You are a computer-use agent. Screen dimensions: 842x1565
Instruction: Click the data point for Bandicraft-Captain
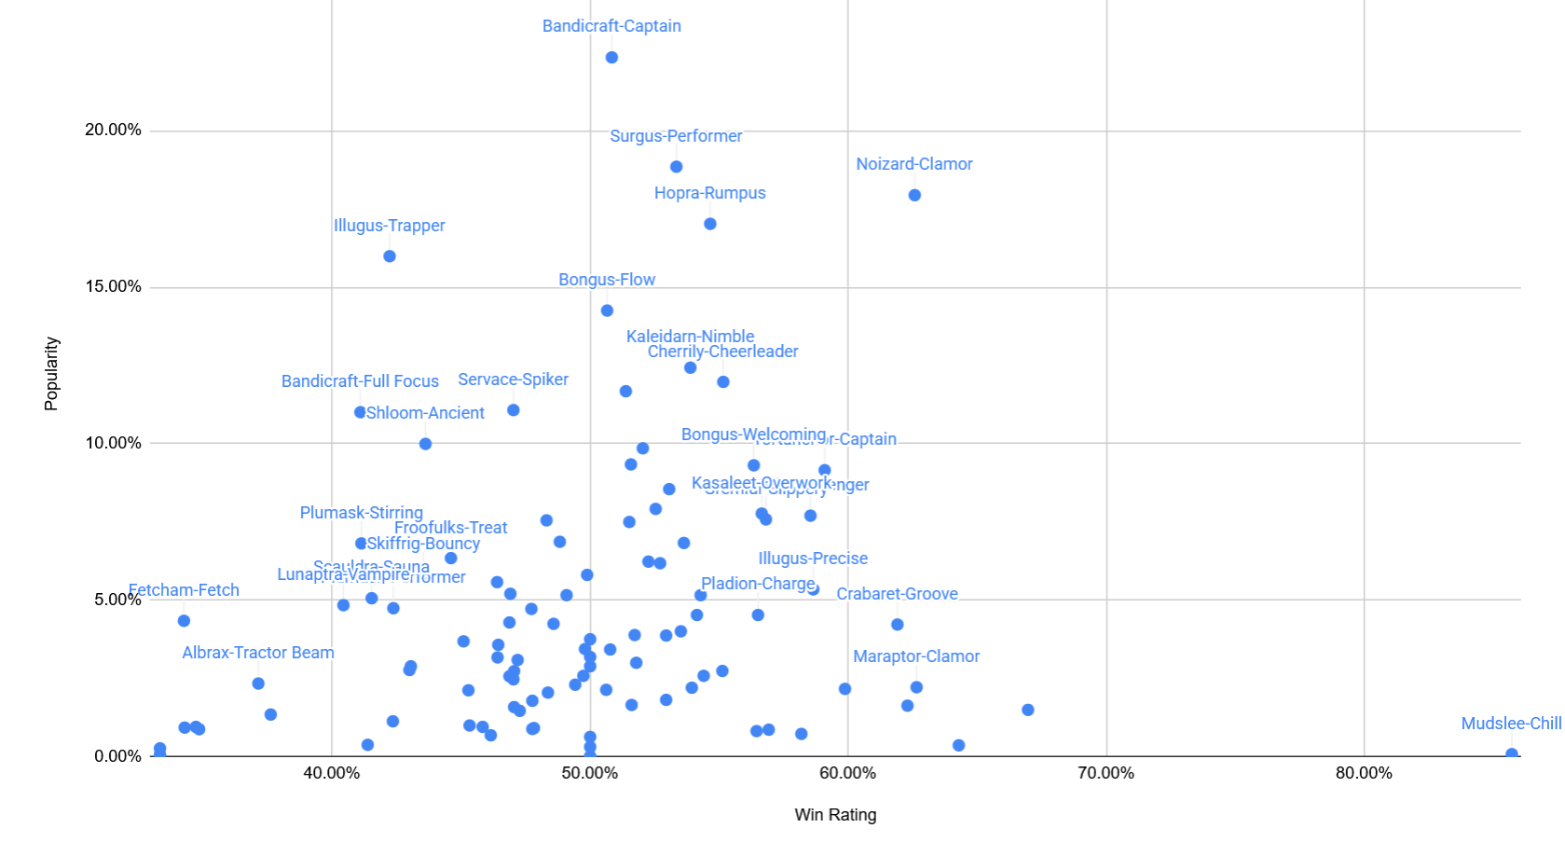[x=611, y=58]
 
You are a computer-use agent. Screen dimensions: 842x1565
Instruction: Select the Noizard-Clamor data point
[x=914, y=195]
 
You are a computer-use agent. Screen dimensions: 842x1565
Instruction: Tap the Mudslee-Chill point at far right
[x=1511, y=754]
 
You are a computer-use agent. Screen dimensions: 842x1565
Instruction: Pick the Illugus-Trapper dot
[x=390, y=256]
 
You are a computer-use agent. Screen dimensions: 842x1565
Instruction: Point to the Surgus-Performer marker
[x=677, y=167]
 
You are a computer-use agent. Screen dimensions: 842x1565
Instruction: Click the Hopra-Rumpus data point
[x=710, y=224]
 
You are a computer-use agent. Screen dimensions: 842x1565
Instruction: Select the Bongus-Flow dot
[x=607, y=311]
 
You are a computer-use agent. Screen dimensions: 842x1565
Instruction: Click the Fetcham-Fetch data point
[x=184, y=621]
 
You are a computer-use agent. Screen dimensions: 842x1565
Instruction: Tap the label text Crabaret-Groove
[x=897, y=594]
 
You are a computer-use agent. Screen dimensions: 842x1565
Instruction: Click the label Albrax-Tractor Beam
[x=258, y=653]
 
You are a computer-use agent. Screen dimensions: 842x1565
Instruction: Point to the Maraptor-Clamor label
[x=916, y=656]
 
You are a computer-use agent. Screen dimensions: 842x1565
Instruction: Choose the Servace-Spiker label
[x=513, y=380]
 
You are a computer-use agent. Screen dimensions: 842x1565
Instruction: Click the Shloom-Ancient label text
[x=425, y=413]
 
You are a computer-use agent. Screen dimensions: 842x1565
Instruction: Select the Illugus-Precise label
[x=813, y=559]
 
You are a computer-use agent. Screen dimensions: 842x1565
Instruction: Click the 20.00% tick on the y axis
[x=113, y=130]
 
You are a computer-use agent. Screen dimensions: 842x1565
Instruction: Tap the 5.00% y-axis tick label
[x=117, y=600]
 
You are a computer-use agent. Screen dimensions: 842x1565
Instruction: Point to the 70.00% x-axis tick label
[x=1105, y=773]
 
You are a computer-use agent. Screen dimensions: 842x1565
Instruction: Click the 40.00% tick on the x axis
[x=332, y=773]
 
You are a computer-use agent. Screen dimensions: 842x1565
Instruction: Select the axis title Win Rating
[x=835, y=815]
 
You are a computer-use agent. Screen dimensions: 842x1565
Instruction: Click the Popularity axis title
[x=51, y=374]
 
